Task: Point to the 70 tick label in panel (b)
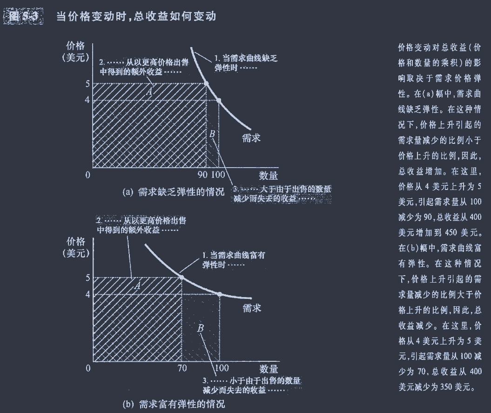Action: (x=182, y=369)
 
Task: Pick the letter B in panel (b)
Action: (x=201, y=328)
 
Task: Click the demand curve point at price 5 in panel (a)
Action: (x=206, y=84)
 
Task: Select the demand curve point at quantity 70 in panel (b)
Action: (x=182, y=277)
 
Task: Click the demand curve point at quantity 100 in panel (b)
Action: (x=219, y=294)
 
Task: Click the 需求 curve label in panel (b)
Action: (x=252, y=308)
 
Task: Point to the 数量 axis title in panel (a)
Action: (x=269, y=176)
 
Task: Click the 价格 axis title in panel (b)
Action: (x=76, y=241)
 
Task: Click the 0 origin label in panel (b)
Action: (x=88, y=369)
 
